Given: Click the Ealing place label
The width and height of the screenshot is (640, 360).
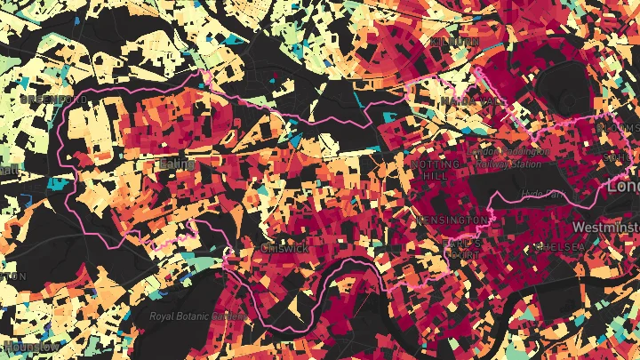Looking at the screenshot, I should [x=174, y=164].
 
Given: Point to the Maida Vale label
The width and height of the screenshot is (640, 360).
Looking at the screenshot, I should [x=472, y=100].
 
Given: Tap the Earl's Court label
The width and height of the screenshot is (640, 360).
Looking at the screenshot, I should [x=462, y=248].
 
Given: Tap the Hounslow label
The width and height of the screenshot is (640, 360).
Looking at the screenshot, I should [x=30, y=345].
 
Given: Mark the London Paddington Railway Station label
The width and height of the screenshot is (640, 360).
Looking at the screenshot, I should [x=510, y=156].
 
